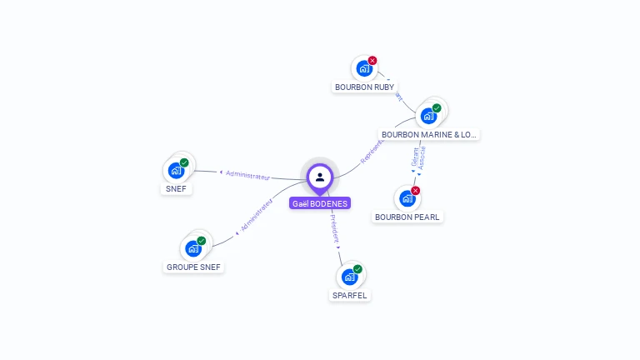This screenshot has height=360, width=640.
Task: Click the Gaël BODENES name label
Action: pos(320,203)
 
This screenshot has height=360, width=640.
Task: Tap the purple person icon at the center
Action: pos(320,177)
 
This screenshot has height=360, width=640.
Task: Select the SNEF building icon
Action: pos(176,171)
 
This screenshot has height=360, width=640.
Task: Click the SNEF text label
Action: pos(176,189)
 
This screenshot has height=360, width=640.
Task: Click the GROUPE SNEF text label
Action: pos(194,267)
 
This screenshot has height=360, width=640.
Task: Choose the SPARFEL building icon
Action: pos(349,277)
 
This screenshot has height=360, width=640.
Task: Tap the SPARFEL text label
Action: pos(349,295)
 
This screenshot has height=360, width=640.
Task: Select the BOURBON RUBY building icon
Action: pos(364,68)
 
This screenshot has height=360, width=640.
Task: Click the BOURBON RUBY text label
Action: pos(365,87)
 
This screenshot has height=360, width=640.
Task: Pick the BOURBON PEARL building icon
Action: pos(407,198)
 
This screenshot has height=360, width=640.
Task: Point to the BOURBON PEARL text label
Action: pos(407,217)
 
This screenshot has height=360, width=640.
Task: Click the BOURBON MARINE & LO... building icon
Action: pos(429,116)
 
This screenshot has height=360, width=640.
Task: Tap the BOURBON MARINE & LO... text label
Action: pos(429,134)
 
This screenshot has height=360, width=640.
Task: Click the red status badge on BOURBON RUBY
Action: pos(372,60)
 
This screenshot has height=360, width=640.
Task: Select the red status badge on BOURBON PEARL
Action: pos(415,191)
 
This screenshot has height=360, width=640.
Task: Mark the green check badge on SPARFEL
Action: pos(357,269)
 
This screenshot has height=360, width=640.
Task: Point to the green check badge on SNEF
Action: pos(184,163)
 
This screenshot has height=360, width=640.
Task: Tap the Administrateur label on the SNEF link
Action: pos(248,175)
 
